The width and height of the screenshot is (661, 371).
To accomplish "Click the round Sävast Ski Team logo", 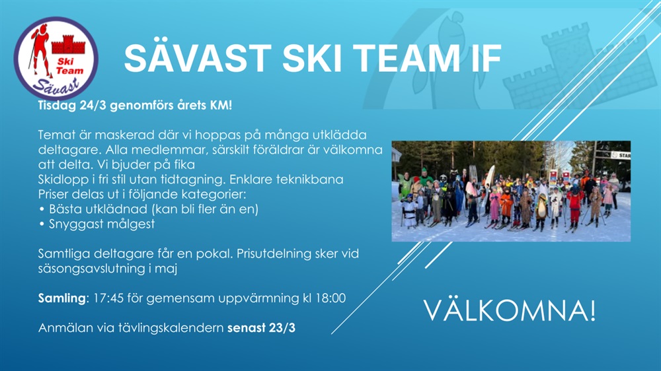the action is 56,59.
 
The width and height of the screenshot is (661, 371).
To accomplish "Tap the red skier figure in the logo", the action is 40,51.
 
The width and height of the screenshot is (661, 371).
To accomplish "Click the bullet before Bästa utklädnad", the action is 42,209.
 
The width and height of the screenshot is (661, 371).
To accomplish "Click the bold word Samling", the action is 62,298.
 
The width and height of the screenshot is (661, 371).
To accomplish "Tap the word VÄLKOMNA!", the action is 509,310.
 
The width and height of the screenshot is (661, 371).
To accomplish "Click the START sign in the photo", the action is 621,155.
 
